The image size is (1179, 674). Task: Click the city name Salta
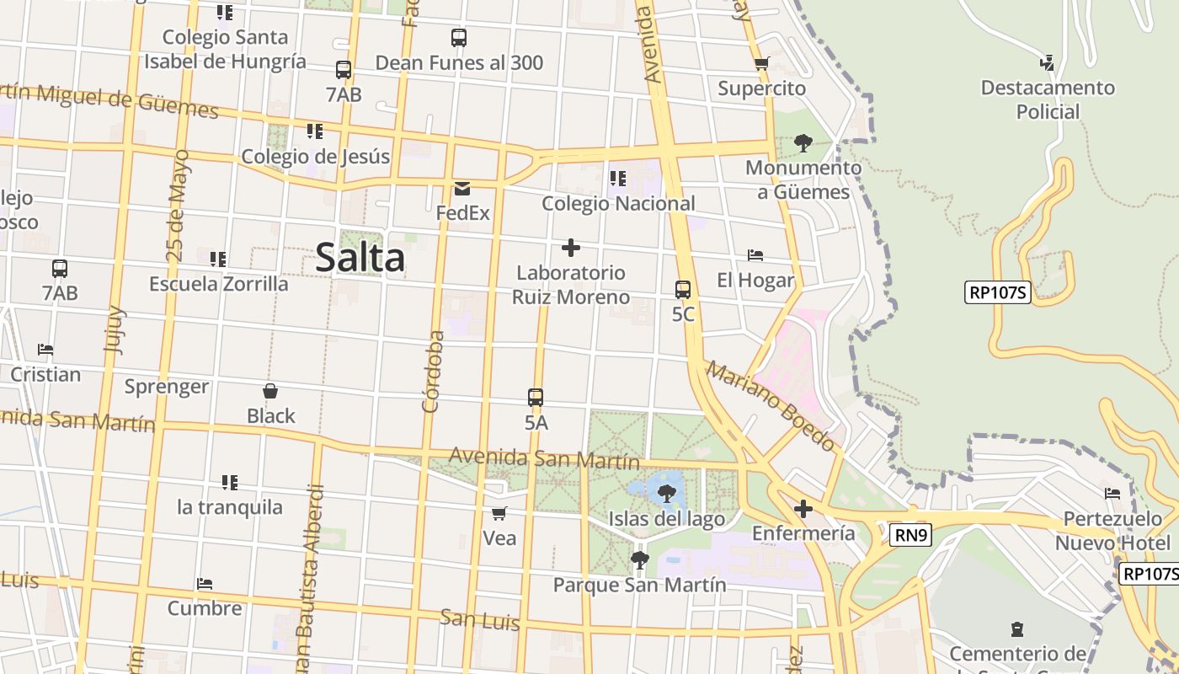pos(360,257)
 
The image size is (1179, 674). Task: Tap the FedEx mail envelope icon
pos(462,188)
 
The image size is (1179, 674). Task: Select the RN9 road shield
pos(910,533)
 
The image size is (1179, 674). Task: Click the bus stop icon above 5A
pos(536,398)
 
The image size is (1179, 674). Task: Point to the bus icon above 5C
pos(683,290)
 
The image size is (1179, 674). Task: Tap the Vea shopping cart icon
pos(499,512)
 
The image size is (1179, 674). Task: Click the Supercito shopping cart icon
pos(762,63)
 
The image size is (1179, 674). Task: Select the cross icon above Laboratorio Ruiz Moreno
pos(571,248)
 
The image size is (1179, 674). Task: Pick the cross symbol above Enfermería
pos(803,509)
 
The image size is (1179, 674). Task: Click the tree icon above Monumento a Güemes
pos(803,142)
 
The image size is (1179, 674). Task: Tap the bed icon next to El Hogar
pos(755,255)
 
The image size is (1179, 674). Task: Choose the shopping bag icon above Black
pos(270,391)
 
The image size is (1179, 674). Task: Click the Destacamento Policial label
pos(1048,99)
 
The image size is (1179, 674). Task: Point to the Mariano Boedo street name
pos(771,405)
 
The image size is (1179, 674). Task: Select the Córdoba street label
pos(433,371)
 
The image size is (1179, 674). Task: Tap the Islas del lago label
pos(666,519)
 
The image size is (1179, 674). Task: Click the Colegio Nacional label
pos(618,203)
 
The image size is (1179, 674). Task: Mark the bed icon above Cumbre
pos(204,583)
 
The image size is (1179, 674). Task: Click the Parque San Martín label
pos(639,584)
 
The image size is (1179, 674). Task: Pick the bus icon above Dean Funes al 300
pos(459,38)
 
